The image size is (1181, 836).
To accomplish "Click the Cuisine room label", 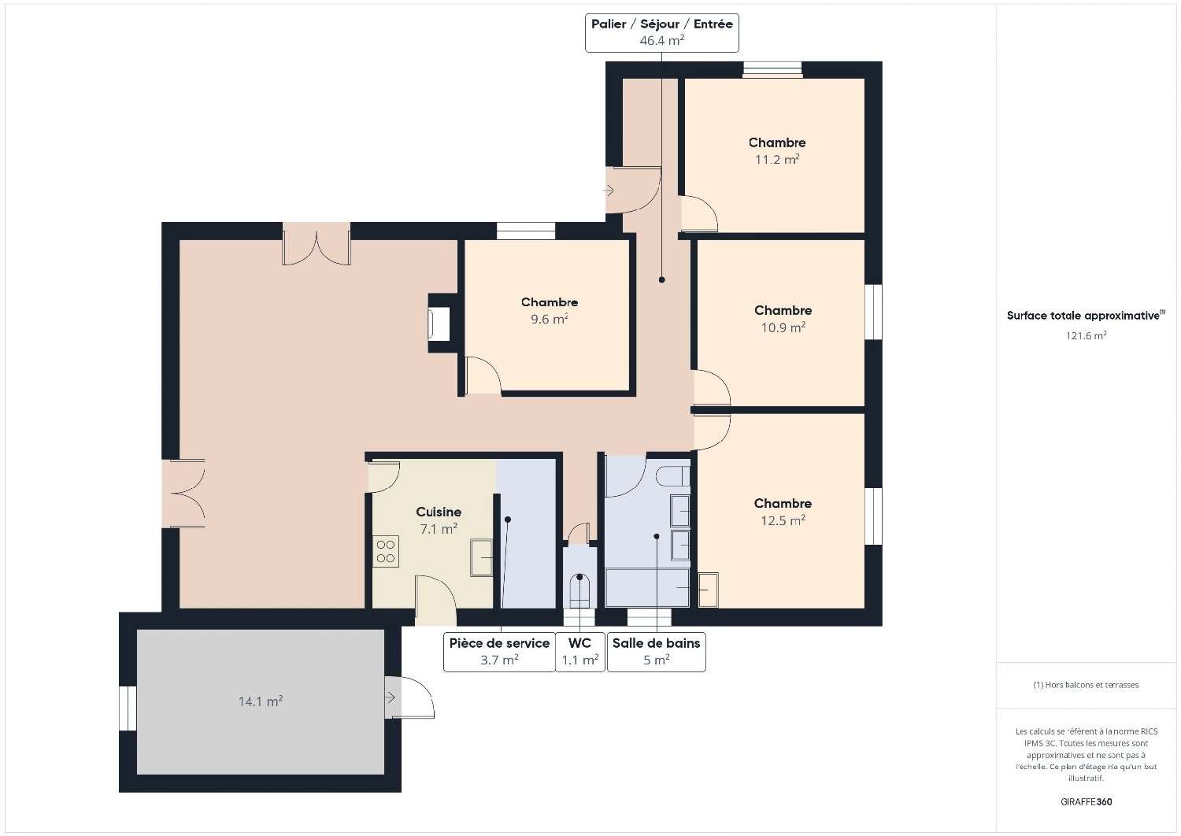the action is point(438,512).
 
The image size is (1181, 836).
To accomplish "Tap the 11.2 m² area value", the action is point(777,159).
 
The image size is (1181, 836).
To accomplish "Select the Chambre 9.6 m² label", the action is point(550,310).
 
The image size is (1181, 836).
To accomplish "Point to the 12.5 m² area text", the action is point(783,520).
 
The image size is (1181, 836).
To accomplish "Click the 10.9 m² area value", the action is point(783,327).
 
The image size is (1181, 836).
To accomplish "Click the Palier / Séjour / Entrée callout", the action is point(661,33).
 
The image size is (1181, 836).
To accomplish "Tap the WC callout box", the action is point(580,652).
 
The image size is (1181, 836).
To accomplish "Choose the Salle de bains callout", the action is point(657,652).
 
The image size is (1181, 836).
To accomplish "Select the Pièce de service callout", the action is point(499,652).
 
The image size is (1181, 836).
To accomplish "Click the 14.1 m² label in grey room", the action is point(261,701).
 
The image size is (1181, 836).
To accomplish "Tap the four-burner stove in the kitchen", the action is point(386,551).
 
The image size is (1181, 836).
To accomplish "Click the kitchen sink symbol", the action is point(481,557).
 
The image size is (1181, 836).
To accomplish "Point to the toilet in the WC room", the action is point(579,590).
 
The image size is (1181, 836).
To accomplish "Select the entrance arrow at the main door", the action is point(609,191).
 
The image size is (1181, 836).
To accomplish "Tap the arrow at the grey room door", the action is point(391,698).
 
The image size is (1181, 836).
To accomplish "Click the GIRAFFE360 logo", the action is point(1086,801).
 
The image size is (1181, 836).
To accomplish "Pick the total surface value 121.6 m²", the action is point(1086,335).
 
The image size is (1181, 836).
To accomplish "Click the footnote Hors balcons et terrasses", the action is point(1086,685).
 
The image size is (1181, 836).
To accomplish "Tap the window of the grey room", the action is point(128,708).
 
